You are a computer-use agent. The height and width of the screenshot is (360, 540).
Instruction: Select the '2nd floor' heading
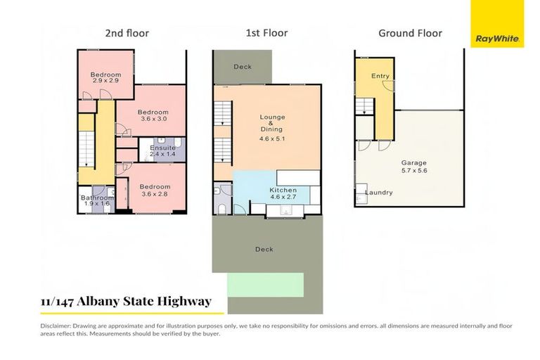[x=127, y=33]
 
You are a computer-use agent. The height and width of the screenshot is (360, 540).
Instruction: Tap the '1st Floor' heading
[x=267, y=33]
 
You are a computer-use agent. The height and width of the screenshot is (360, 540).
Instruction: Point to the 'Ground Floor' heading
[x=410, y=33]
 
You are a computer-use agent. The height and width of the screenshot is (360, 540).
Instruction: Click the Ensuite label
[x=162, y=148]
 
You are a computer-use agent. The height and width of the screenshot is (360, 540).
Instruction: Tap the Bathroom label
[x=97, y=198]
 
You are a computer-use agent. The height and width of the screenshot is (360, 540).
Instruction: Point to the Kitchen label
[x=283, y=190]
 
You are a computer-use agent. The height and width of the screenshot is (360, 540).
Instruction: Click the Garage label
[x=415, y=162]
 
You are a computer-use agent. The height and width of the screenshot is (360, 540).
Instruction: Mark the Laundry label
[x=378, y=193]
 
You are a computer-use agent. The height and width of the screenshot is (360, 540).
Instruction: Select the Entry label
[x=380, y=75]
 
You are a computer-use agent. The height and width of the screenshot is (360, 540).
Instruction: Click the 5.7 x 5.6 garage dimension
[x=415, y=169]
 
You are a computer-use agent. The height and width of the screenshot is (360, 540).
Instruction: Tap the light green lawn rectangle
[x=266, y=285]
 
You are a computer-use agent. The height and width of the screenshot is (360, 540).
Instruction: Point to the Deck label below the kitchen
[x=264, y=249]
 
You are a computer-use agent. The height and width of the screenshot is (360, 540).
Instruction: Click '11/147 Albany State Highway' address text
[x=126, y=302]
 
